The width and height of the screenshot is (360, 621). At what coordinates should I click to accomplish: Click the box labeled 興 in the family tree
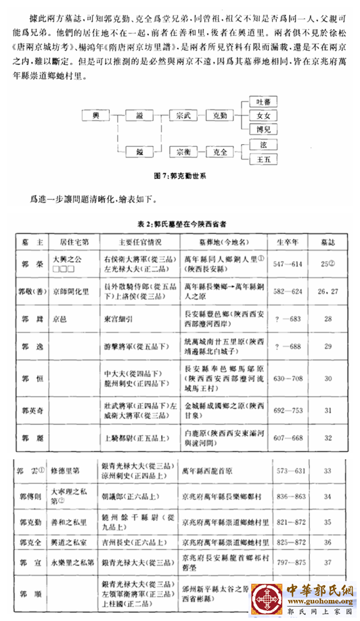[x=95, y=117]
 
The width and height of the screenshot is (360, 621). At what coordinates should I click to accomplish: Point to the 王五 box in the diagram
[x=264, y=160]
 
